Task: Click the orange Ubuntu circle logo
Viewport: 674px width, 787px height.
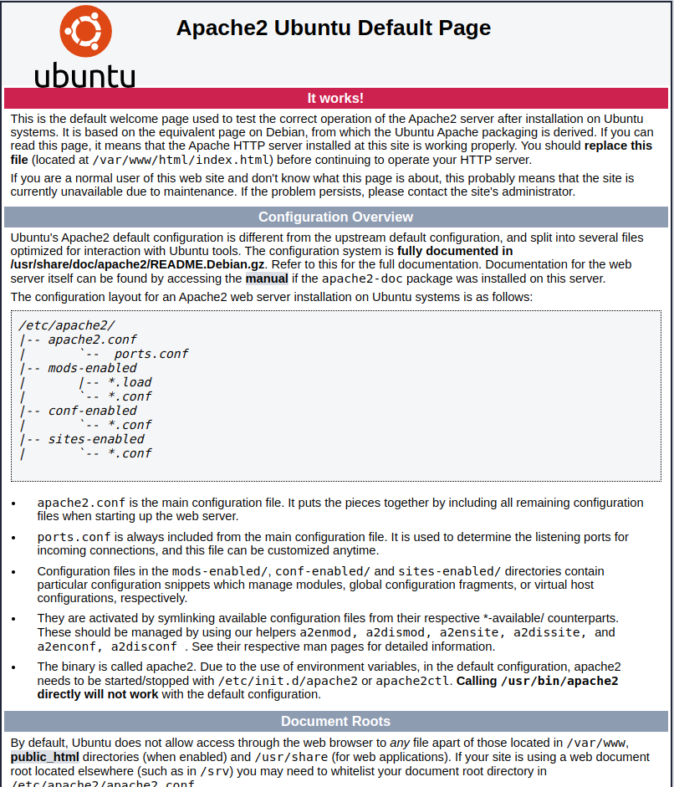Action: [x=85, y=31]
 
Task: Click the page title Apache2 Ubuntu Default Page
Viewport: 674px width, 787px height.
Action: [x=333, y=28]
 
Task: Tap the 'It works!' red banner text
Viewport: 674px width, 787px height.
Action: [x=335, y=99]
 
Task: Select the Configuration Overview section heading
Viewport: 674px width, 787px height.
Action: [x=335, y=217]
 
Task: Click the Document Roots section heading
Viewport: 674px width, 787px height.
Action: [x=335, y=721]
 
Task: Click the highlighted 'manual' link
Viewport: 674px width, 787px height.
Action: [x=267, y=279]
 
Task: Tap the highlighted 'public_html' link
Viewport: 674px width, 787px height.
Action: [x=44, y=757]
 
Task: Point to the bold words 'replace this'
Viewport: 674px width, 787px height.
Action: [x=618, y=146]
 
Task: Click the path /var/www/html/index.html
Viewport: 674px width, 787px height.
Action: [x=181, y=160]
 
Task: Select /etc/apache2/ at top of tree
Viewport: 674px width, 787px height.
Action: [x=66, y=325]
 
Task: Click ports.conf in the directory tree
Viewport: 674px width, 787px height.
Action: [x=151, y=354]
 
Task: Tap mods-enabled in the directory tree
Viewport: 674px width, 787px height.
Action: [x=92, y=368]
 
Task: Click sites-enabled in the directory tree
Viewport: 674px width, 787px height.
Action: [x=95, y=439]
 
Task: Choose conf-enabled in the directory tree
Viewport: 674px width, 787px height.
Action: [x=92, y=411]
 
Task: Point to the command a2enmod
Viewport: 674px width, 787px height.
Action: [x=327, y=633]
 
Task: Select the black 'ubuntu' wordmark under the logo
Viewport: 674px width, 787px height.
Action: [x=84, y=74]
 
